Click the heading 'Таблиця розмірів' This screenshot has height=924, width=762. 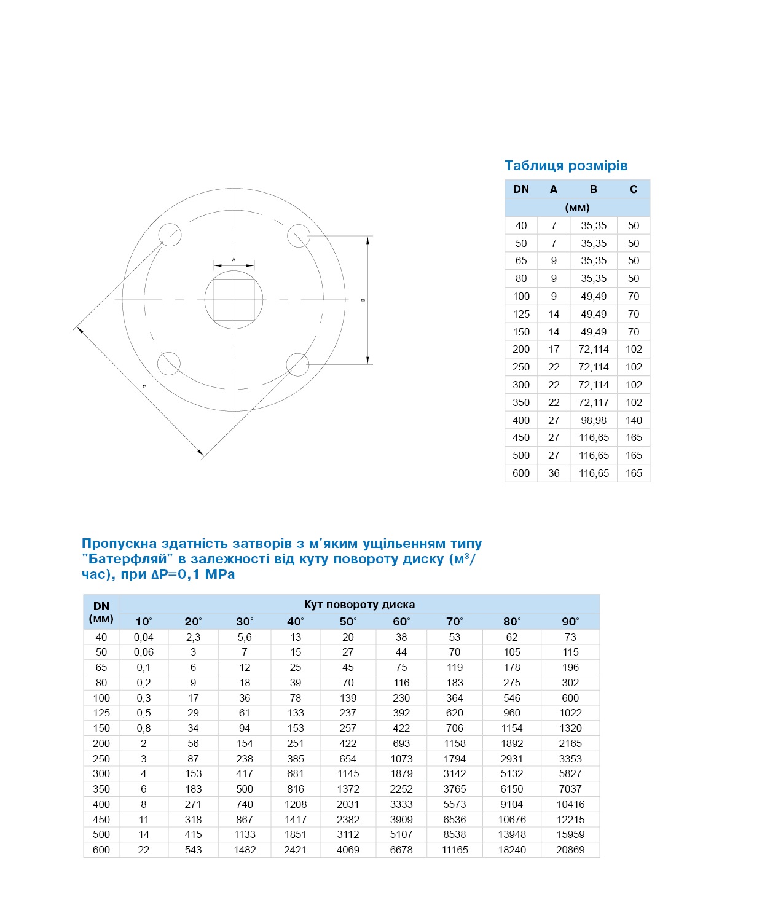coord(566,166)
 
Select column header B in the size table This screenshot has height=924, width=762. coord(594,189)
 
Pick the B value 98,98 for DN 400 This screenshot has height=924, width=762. coord(594,420)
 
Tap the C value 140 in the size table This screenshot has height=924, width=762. coord(634,420)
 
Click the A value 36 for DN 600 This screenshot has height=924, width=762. coord(554,473)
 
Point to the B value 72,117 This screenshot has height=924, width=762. coord(594,402)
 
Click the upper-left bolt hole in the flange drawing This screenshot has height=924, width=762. coord(169,235)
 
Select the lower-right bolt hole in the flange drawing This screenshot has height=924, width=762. coord(298,364)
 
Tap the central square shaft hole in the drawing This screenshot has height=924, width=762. coord(234,300)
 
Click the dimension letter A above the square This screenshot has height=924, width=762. coord(234,260)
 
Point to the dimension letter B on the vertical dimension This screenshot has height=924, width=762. coord(363,300)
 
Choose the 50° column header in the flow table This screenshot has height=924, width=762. coord(348,621)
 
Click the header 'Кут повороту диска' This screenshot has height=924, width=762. coord(359,605)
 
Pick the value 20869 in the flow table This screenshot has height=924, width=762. coord(570,850)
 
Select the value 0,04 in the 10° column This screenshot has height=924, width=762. coord(144,637)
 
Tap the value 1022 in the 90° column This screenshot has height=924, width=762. coord(570,713)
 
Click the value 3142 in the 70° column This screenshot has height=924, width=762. coord(455,773)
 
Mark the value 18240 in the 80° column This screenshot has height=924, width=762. coord(512,850)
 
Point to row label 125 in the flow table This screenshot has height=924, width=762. coord(101,713)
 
